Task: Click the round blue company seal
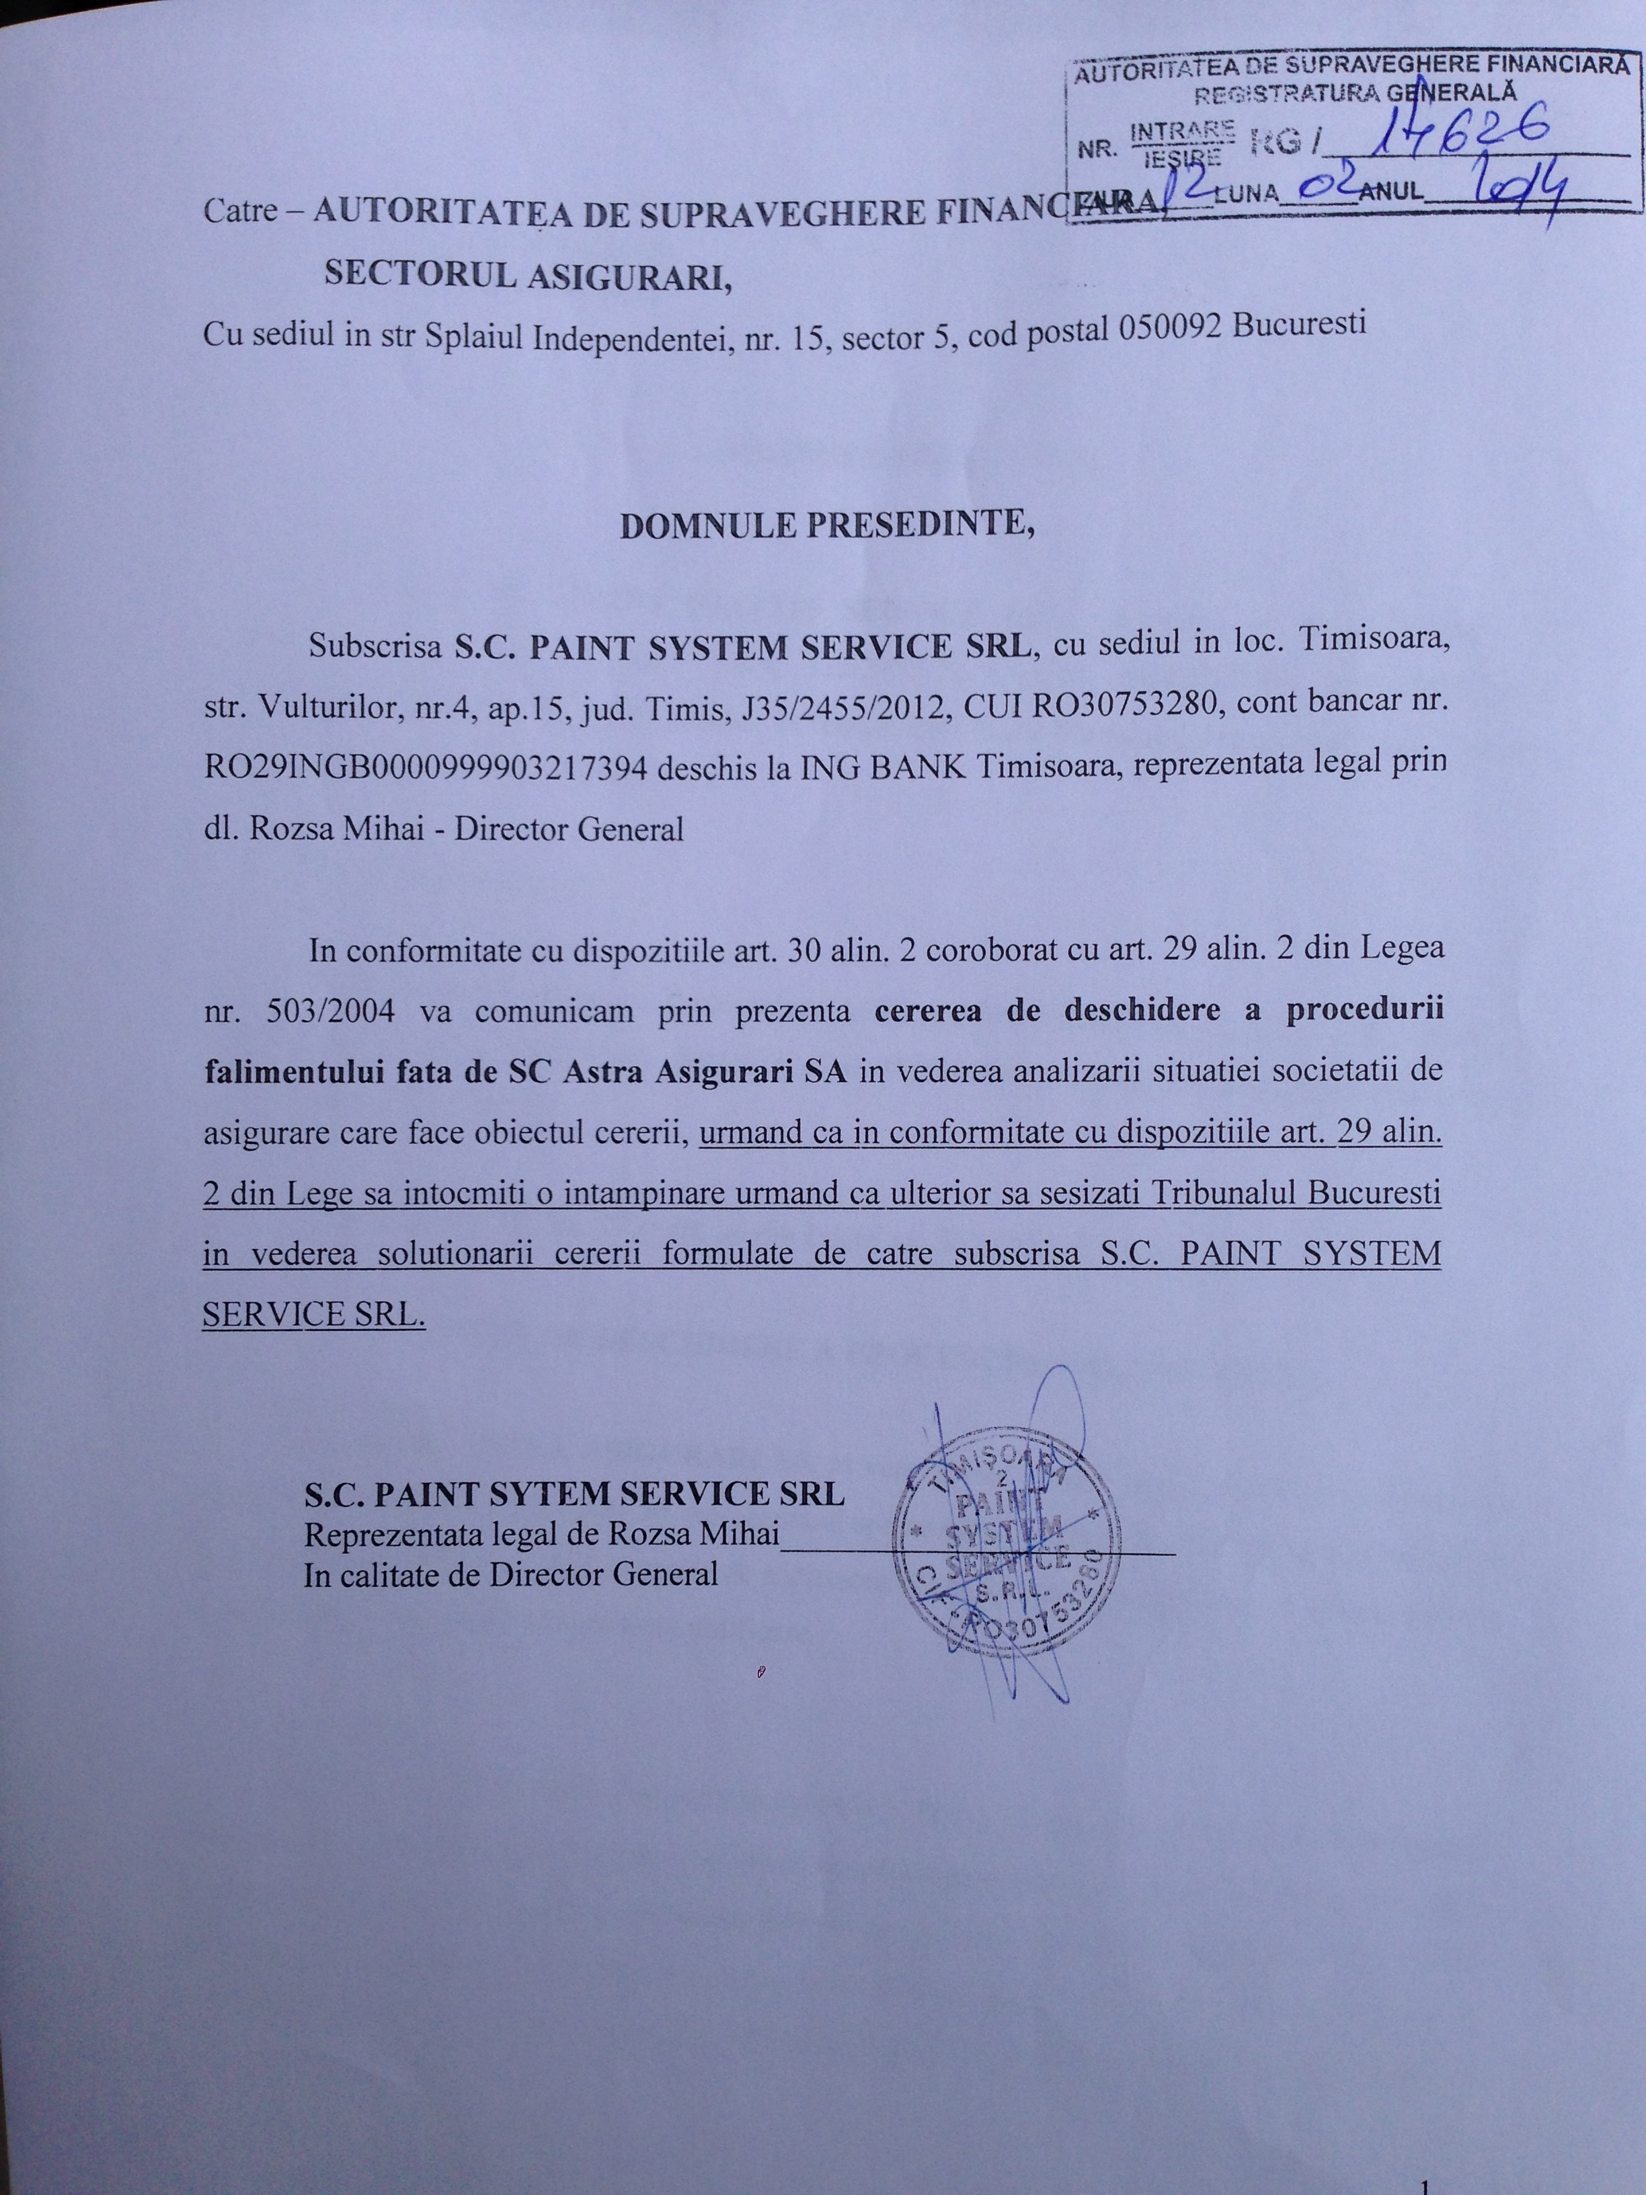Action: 1006,1561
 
